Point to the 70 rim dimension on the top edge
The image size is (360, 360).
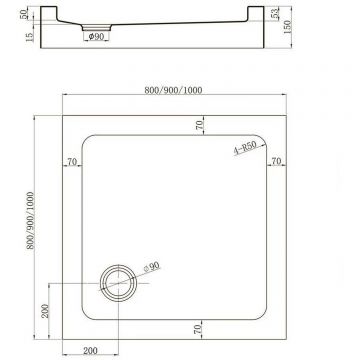199,125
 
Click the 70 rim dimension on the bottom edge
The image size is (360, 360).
199,328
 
